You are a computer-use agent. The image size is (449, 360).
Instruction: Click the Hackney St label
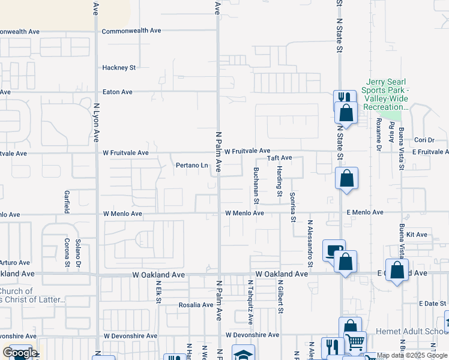point(119,68)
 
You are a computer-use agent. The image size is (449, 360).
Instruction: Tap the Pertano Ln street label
point(191,165)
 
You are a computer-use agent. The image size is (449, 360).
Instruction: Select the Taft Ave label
point(279,158)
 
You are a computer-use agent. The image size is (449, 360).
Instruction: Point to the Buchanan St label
point(256,181)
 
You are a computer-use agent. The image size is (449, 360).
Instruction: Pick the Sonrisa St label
point(293,208)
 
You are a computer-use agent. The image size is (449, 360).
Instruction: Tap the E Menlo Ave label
point(364,212)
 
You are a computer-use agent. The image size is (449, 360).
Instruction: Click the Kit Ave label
point(416,234)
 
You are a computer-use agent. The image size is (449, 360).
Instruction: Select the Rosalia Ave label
point(196,305)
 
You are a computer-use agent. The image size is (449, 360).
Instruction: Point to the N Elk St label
point(158,292)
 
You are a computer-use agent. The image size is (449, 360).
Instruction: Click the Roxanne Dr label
point(379,133)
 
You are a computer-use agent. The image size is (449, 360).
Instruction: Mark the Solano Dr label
point(78,253)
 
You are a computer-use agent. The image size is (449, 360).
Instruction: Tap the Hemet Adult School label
point(411,331)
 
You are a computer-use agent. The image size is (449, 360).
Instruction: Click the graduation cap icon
point(243,354)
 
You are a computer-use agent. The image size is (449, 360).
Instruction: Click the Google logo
point(20,353)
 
